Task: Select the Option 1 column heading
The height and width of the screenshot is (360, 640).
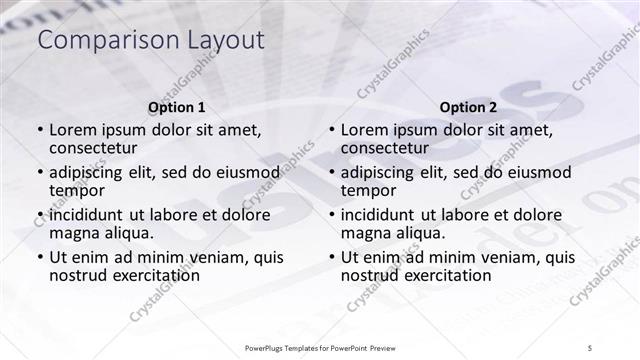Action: [x=177, y=107]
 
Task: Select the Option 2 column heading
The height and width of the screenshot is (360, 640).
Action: [x=468, y=107]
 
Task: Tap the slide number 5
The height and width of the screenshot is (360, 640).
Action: [x=591, y=346]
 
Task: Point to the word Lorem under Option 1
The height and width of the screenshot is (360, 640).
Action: [x=74, y=130]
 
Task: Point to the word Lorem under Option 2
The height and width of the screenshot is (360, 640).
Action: [x=366, y=130]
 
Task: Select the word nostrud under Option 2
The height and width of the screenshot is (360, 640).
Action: [x=371, y=275]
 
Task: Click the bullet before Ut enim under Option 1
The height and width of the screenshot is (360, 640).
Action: [x=39, y=257]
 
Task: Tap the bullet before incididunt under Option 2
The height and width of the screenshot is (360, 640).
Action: [x=331, y=215]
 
